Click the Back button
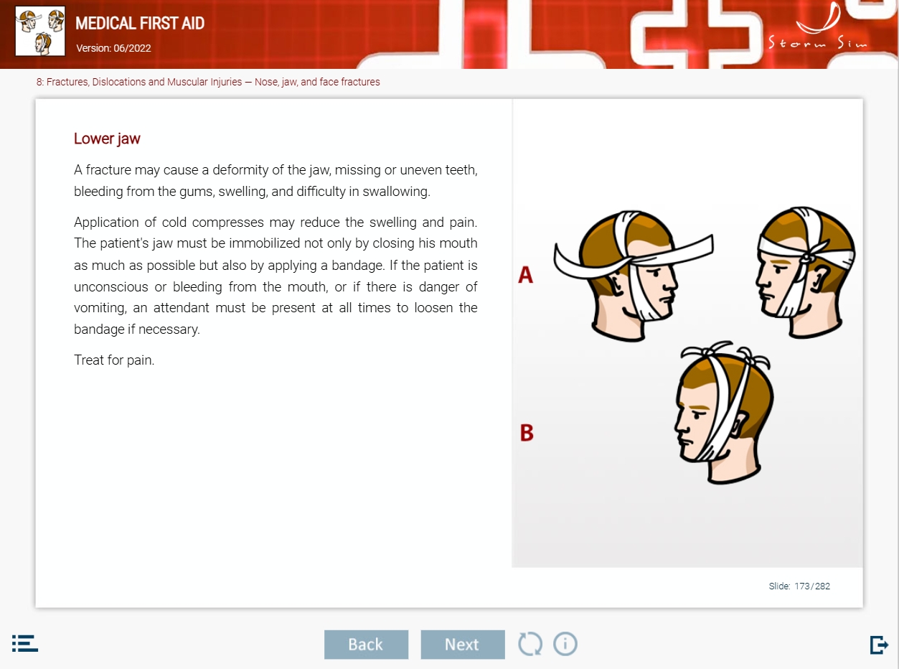coord(366,645)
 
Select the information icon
coord(565,644)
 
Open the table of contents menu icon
coord(24,643)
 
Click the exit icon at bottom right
coord(879,645)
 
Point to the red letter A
coord(525,275)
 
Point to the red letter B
coord(527,432)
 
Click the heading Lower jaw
coord(107,139)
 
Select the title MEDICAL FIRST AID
coord(140,23)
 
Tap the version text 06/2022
coord(132,48)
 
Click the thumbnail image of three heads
coord(40,32)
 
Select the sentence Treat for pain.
coord(114,360)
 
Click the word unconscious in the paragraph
coord(111,287)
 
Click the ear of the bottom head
coord(739,425)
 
